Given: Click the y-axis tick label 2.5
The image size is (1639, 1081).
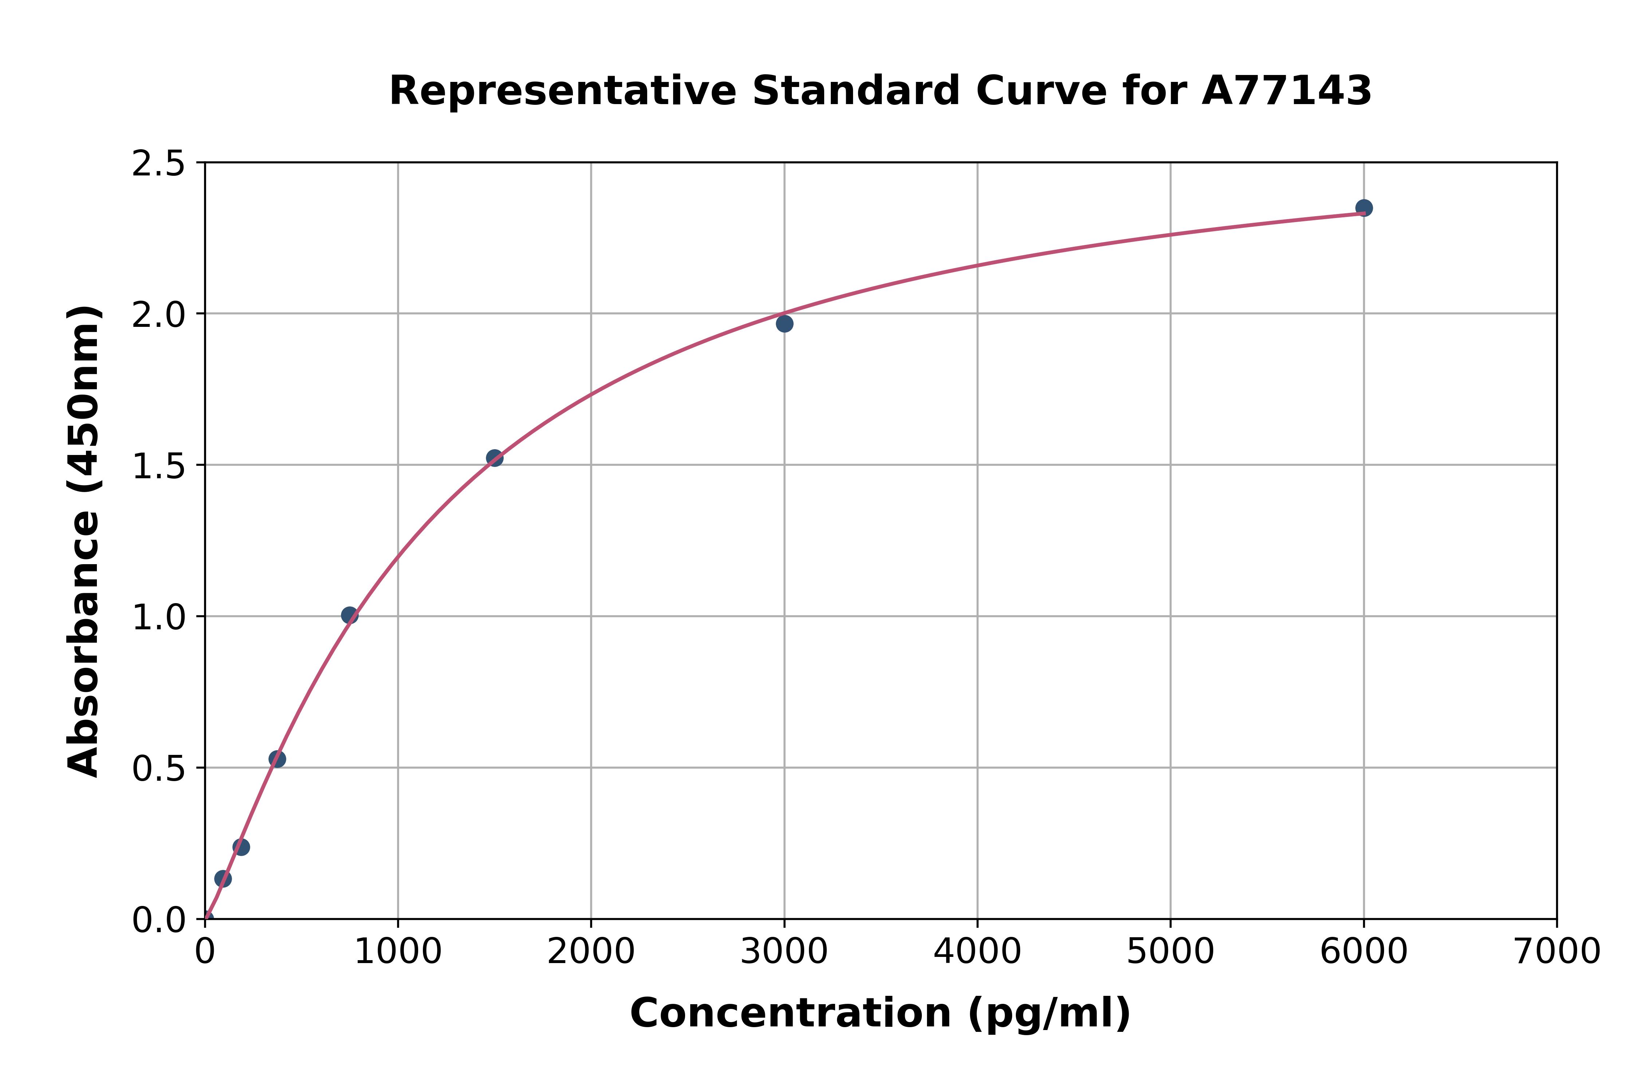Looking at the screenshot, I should (159, 164).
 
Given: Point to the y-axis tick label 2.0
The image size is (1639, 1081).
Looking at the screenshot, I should (159, 315).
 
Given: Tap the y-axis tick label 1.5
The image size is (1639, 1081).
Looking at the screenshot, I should (159, 466).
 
